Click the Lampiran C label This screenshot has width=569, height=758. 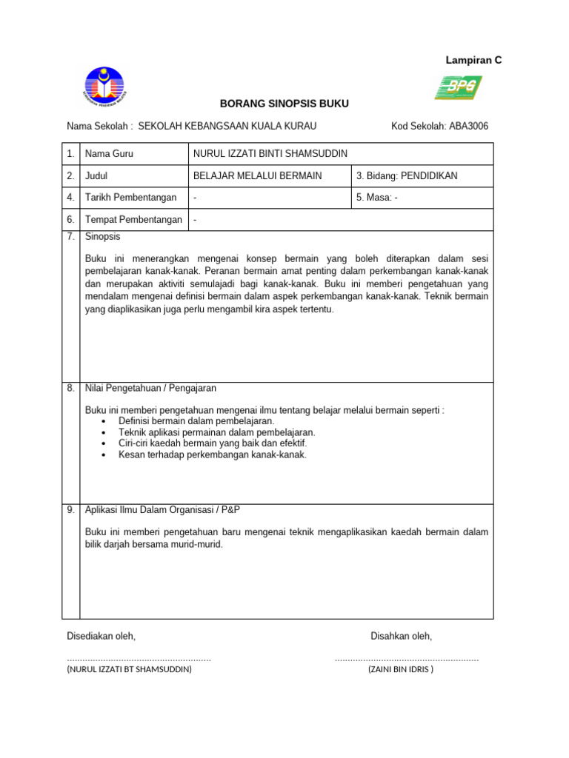click(x=473, y=61)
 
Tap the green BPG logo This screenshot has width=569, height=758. click(x=457, y=87)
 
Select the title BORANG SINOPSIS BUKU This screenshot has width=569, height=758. click(x=284, y=104)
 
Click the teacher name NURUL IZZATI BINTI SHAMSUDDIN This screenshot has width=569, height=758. click(x=270, y=154)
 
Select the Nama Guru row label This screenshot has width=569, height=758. click(x=110, y=154)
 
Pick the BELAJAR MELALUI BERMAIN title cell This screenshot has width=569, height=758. click(x=257, y=176)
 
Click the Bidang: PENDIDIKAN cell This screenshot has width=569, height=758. click(x=407, y=176)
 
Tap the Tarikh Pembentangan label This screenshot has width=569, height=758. click(x=131, y=198)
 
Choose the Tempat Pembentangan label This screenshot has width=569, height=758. click(x=133, y=220)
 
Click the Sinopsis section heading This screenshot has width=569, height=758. click(x=103, y=237)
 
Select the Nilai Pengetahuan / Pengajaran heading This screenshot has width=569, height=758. click(x=150, y=389)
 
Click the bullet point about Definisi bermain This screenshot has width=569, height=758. click(x=196, y=421)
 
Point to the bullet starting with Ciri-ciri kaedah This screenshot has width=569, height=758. click(x=212, y=443)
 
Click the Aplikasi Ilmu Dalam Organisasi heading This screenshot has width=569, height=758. click(x=163, y=511)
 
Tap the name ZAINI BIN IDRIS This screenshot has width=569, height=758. click(x=400, y=670)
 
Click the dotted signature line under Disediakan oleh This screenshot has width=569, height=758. click(x=139, y=658)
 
